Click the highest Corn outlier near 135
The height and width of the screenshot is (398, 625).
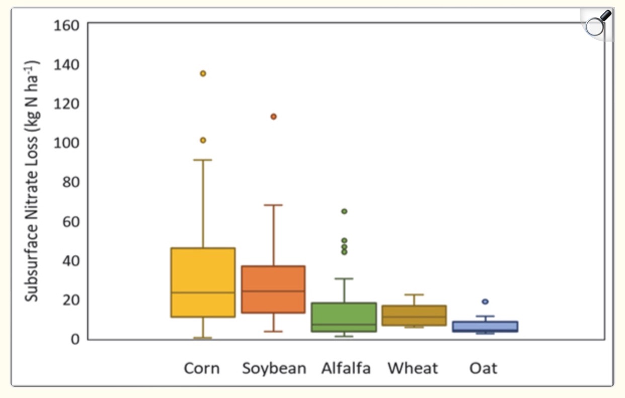click(x=203, y=73)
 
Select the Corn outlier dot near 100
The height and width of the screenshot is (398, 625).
click(x=203, y=140)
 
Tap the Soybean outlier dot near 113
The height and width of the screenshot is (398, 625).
click(x=274, y=117)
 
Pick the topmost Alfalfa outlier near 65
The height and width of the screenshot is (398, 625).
click(x=344, y=212)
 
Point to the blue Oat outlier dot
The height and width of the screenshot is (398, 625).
click(x=485, y=302)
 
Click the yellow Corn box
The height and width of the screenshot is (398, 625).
click(x=203, y=282)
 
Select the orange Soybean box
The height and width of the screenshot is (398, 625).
click(x=273, y=289)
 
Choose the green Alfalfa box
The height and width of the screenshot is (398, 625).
click(x=344, y=317)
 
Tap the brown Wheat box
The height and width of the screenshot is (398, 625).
click(x=414, y=315)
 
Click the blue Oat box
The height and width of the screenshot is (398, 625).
click(x=485, y=327)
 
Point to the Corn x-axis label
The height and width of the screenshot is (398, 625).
click(x=202, y=368)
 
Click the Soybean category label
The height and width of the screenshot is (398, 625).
click(x=274, y=368)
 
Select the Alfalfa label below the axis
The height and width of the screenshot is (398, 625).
click(x=346, y=368)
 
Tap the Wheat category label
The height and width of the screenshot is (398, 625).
click(x=413, y=368)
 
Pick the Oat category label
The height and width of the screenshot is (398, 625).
click(x=483, y=368)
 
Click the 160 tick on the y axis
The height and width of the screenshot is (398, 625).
click(x=66, y=26)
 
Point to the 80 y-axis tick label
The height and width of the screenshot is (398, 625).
click(x=71, y=182)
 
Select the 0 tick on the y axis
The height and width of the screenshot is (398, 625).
click(x=76, y=339)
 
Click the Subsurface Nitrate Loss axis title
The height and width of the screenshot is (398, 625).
click(x=33, y=181)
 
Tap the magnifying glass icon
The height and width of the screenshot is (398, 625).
click(x=597, y=24)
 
